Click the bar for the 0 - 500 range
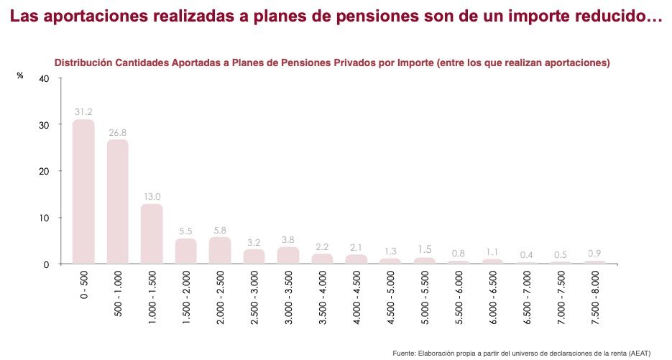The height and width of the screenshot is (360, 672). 83,192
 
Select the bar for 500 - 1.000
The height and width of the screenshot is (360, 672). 118,202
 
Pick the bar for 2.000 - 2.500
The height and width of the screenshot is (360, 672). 220,250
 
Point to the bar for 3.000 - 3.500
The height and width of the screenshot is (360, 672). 288,255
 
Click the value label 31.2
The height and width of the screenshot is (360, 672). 83,111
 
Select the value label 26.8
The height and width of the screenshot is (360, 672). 118,131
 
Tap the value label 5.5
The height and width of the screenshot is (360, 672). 185,231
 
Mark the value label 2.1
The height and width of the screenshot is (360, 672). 356,247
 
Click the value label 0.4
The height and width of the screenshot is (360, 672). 527,255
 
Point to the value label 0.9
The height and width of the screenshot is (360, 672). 595,253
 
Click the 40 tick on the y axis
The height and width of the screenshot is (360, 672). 43,78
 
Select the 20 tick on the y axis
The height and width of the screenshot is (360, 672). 43,171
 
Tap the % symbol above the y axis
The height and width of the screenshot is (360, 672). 20,75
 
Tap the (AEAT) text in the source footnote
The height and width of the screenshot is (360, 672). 638,353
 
